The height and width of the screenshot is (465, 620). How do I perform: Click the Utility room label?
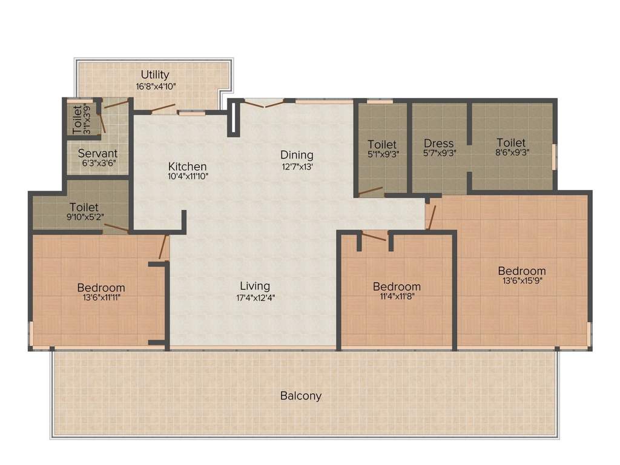155,75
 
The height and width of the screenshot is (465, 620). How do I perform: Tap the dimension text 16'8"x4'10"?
156,87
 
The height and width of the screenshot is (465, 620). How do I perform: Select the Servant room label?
97,153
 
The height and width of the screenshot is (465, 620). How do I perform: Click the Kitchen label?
187,167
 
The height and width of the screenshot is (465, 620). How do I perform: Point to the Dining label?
296,155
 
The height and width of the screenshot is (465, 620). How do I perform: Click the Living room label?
255,286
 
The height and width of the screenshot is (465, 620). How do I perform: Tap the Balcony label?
300,396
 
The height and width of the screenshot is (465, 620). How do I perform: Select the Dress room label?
439,143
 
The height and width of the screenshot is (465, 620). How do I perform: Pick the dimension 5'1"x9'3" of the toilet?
382,154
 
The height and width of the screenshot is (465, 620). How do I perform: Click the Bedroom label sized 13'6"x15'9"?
521,271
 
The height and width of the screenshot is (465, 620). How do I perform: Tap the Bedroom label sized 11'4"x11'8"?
397,286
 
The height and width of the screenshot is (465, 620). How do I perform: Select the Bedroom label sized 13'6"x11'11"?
101,288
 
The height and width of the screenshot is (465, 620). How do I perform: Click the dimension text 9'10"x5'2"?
84,217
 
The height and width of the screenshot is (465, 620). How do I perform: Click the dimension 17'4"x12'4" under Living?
255,297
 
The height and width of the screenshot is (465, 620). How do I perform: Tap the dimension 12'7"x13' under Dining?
296,166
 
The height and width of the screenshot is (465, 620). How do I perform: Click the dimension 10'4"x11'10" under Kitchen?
187,177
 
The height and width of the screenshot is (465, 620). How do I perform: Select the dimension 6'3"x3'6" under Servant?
97,163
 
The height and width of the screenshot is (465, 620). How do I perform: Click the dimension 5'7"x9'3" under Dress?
439,154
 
